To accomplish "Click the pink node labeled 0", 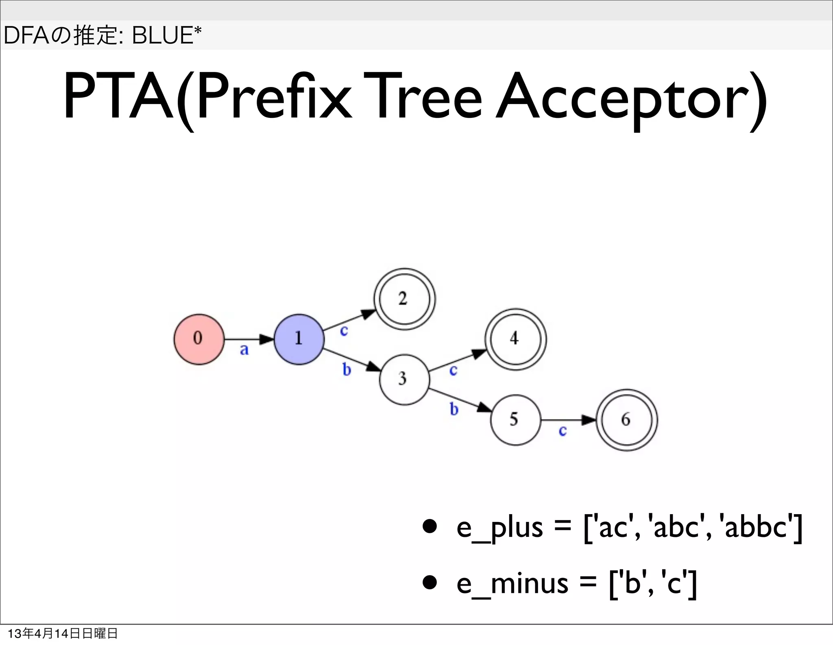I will point(199,339).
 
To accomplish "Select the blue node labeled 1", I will point(299,339).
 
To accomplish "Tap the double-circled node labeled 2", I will point(404,299).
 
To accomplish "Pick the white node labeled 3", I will point(404,380).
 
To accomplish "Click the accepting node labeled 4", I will point(515,339).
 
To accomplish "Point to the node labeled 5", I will point(515,420).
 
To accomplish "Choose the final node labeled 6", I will point(626,420).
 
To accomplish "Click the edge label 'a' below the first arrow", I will point(244,350).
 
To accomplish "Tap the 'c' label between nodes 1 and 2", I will point(344,331).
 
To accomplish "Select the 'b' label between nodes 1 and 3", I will point(347,369).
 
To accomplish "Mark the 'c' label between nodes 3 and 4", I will point(453,370).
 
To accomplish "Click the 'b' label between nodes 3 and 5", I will point(454,409).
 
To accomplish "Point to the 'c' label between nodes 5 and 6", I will point(563,431).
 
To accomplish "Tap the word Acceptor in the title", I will point(630,98).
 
